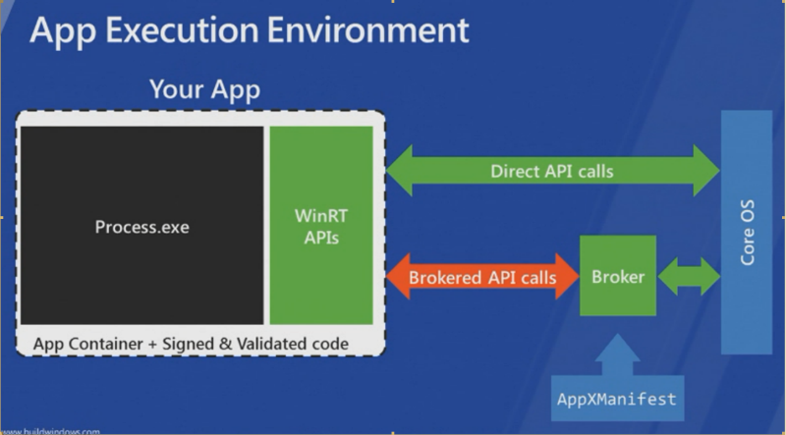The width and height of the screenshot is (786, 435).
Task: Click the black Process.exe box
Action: [141, 226]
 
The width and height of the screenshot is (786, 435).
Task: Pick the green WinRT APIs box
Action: [321, 225]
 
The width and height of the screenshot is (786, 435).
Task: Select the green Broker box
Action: [618, 277]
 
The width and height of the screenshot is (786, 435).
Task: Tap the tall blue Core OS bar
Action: [747, 236]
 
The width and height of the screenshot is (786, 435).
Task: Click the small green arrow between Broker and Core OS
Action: [689, 277]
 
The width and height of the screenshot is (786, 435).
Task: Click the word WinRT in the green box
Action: [321, 213]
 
